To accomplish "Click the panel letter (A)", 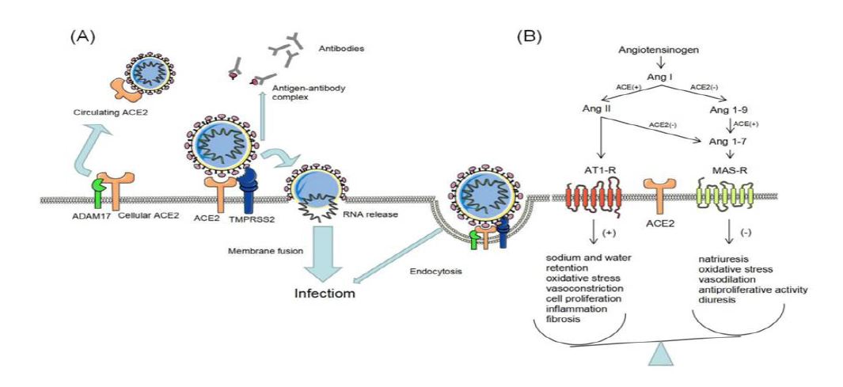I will [83, 36].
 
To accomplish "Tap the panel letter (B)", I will [529, 36].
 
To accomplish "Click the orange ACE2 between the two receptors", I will [659, 195].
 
